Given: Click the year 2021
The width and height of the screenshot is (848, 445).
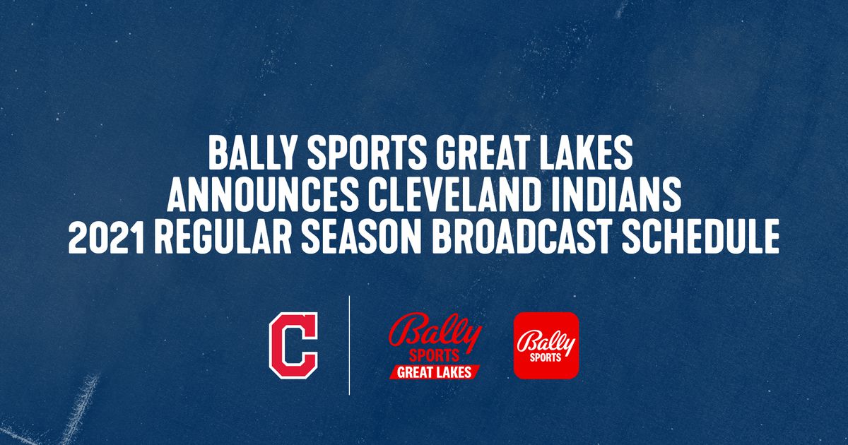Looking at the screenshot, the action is [x=107, y=237].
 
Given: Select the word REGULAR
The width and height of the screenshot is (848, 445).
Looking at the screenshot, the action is [x=223, y=237].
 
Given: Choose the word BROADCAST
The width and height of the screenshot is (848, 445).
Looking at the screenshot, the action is [x=522, y=237].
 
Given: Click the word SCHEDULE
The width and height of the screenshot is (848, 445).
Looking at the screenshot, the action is [x=700, y=237].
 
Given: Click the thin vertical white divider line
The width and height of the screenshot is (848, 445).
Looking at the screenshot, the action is [x=349, y=345].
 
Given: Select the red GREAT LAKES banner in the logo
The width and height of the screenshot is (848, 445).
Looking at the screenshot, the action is [x=435, y=372].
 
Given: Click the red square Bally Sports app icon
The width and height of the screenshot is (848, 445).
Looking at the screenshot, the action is [x=546, y=345].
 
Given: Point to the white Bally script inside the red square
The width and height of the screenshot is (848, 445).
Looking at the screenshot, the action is [x=546, y=342].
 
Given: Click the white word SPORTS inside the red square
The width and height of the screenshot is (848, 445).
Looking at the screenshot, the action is [x=546, y=357].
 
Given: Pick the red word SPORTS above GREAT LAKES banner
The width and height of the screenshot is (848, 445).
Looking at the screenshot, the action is [x=434, y=356].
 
